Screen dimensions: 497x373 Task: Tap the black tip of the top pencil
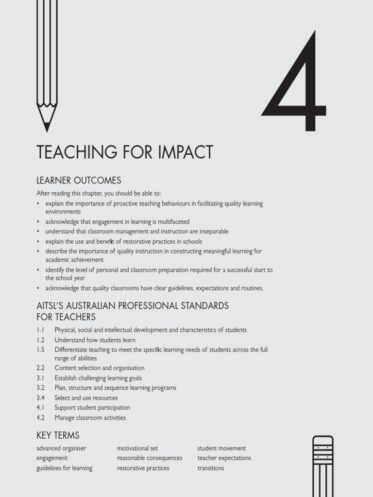(47, 127)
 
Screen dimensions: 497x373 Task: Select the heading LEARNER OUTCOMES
(79, 181)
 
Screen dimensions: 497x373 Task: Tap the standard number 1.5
(40, 349)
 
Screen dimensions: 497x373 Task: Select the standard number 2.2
(40, 368)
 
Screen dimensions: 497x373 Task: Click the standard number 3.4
(40, 398)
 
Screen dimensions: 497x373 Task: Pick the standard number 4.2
(40, 417)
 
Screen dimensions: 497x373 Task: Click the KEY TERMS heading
(58, 435)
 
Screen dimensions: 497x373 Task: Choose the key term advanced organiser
(61, 448)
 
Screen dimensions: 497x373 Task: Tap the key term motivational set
(137, 448)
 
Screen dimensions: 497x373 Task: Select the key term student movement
(221, 448)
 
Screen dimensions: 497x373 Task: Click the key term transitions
(211, 468)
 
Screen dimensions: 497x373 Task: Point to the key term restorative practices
(143, 468)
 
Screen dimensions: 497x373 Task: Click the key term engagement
(52, 458)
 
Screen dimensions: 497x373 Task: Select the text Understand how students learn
(95, 340)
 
